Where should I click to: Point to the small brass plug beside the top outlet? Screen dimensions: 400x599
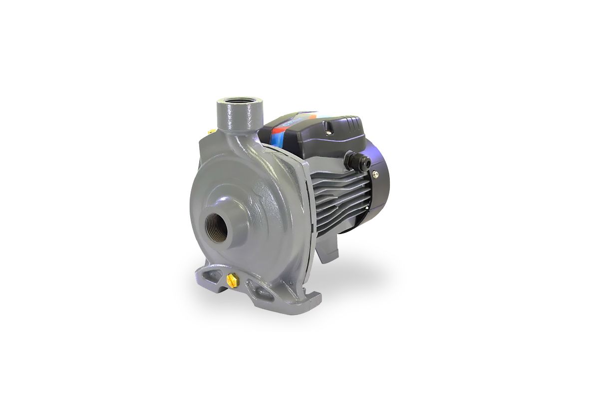(211, 131)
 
